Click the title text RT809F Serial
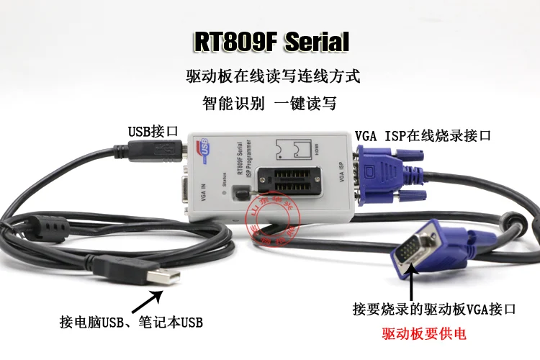(270, 42)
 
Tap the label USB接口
(153, 131)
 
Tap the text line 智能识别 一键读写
(269, 103)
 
